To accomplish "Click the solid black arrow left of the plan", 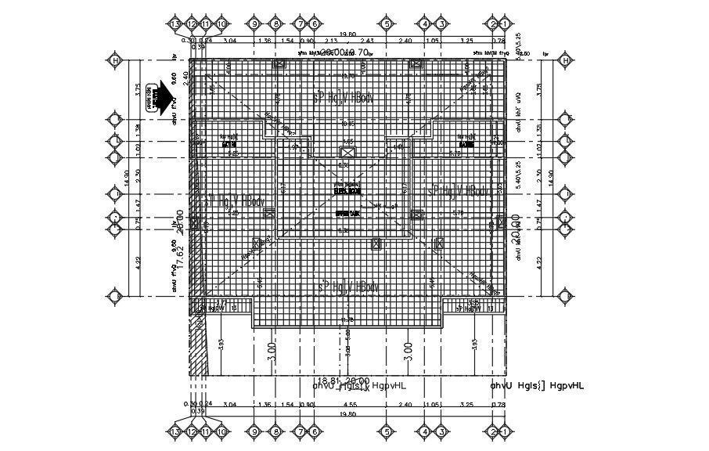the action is [x=166, y=101].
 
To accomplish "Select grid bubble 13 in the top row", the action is [x=175, y=23].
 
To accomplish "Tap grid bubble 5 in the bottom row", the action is [x=385, y=431].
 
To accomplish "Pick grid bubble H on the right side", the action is [x=566, y=60].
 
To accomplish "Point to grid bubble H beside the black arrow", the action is [x=115, y=60].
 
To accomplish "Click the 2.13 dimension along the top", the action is [x=331, y=41].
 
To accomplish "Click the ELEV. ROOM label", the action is [x=347, y=189].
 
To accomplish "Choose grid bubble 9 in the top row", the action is [x=254, y=23].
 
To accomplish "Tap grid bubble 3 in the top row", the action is [x=442, y=23].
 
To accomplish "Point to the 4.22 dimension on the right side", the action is [x=539, y=262].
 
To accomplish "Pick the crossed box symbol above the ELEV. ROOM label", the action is [x=345, y=152].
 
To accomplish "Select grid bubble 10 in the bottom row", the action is [x=221, y=431].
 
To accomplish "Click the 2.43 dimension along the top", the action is [x=369, y=41].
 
